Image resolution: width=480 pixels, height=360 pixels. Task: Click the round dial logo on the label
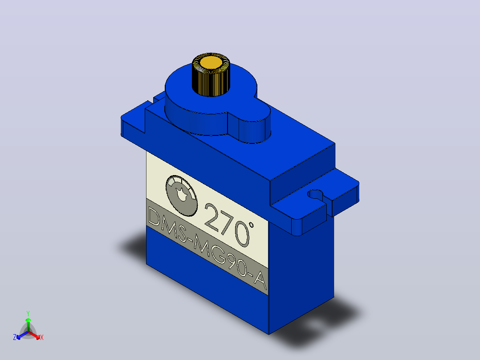click(x=182, y=196)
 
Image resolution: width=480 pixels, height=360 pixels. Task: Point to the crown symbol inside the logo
click(x=182, y=195)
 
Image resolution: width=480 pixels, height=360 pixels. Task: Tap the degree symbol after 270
click(x=251, y=225)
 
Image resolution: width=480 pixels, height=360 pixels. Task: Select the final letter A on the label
click(x=260, y=280)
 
